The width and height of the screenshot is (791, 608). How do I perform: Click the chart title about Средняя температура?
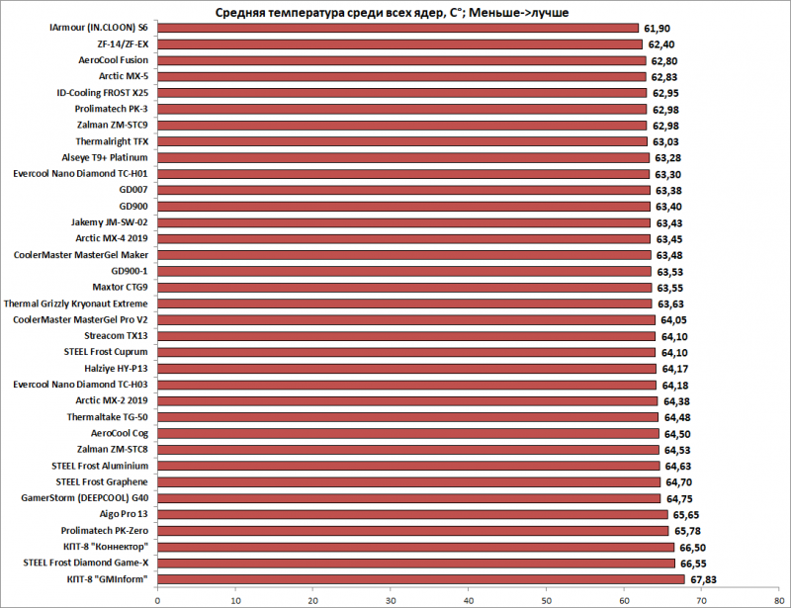click(x=393, y=12)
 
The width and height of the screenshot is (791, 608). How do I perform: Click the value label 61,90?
click(x=658, y=29)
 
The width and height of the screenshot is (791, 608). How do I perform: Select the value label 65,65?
click(x=687, y=514)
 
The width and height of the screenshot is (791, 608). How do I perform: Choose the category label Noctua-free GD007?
click(x=133, y=190)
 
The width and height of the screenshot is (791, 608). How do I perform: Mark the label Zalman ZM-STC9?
click(x=112, y=126)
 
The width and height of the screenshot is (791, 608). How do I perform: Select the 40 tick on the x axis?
click(x=469, y=598)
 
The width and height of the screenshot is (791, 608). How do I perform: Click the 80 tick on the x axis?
click(x=780, y=598)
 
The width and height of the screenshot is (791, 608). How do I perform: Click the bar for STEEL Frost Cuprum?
click(x=406, y=352)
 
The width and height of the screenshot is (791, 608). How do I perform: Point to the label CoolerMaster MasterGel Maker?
click(x=81, y=255)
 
